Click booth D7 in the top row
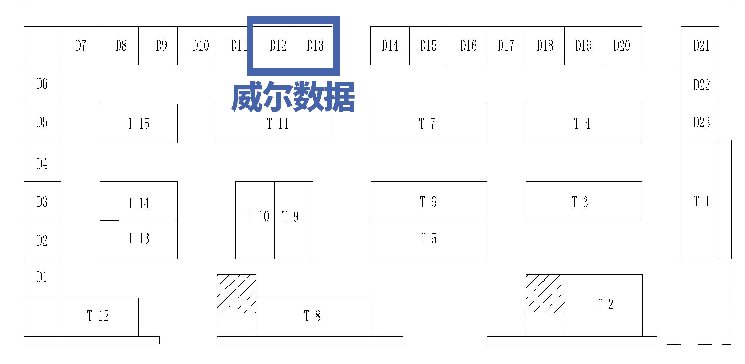click(80, 46)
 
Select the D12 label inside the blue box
click(278, 46)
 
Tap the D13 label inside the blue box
click(315, 46)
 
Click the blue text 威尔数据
click(293, 97)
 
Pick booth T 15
click(138, 124)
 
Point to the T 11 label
click(278, 124)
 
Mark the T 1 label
click(701, 202)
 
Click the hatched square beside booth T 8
click(236, 294)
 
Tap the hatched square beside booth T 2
click(545, 294)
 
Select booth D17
click(506, 46)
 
